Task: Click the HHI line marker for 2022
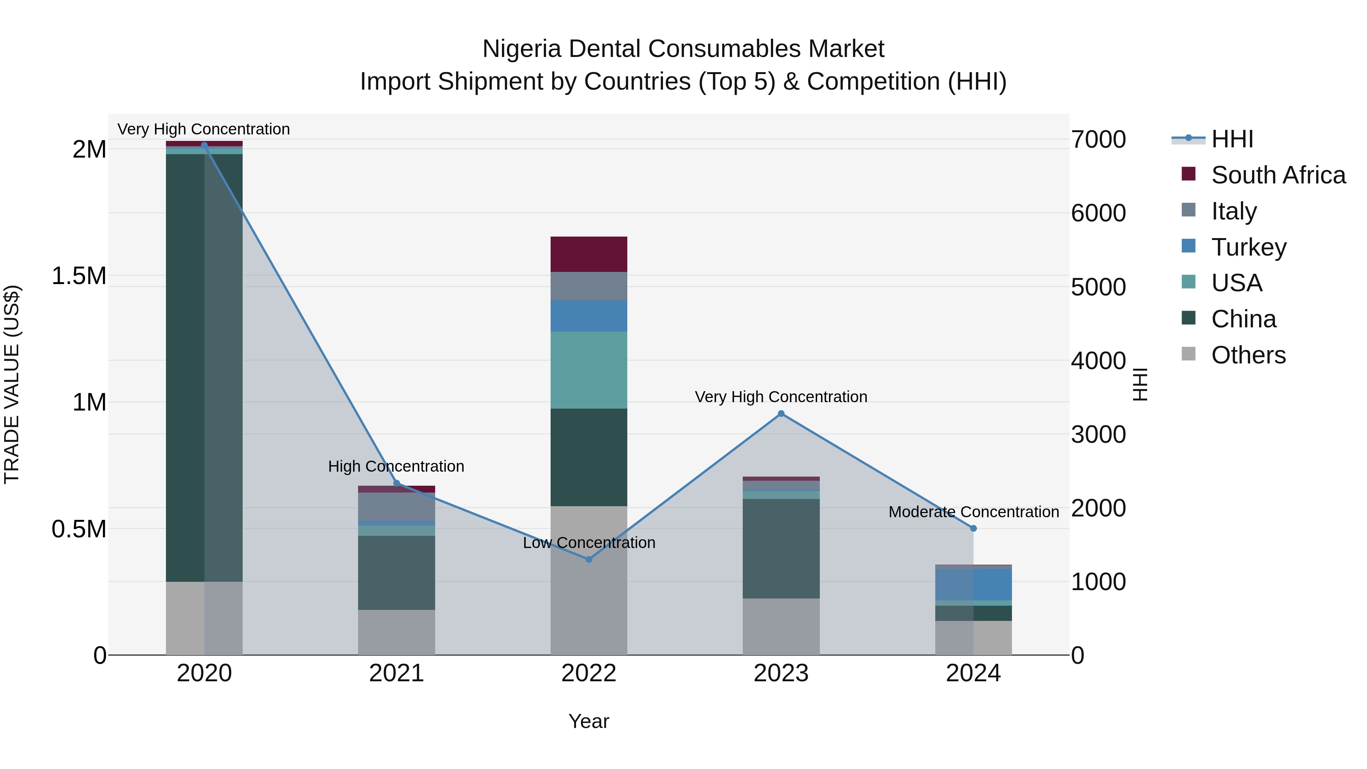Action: tap(589, 559)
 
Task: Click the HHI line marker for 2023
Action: tap(781, 414)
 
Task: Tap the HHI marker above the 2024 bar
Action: tap(973, 528)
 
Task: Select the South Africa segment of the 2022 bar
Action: tap(589, 254)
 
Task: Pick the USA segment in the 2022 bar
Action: tap(589, 370)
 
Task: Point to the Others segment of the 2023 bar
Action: tap(781, 626)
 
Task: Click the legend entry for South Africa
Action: tap(1278, 175)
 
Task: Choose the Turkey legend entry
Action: tap(1248, 247)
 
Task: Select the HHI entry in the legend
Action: tap(1232, 139)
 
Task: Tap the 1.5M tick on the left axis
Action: tap(79, 276)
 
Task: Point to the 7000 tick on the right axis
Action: tap(1098, 140)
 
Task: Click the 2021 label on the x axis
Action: tap(396, 673)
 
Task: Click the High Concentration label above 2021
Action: tap(396, 466)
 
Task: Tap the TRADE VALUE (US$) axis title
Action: tap(12, 384)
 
